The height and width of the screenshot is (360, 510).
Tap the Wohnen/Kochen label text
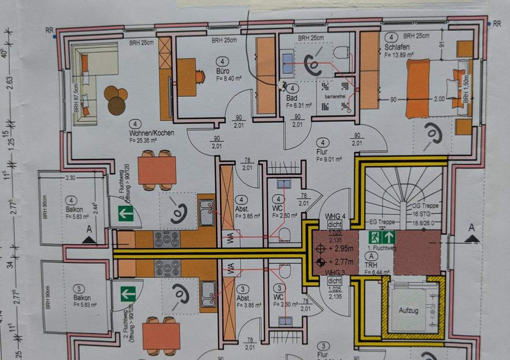[149, 133]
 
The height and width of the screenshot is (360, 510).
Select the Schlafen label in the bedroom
[394, 47]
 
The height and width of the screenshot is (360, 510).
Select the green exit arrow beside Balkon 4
[126, 214]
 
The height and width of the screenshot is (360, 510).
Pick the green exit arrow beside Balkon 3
[126, 293]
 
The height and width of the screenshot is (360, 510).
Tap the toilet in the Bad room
[342, 52]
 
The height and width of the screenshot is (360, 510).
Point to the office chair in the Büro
[200, 77]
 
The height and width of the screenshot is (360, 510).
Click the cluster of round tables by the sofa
[116, 99]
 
